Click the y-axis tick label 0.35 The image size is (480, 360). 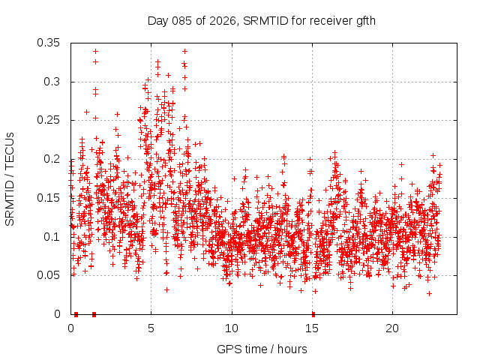[49, 43]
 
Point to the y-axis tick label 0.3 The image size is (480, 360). [52, 82]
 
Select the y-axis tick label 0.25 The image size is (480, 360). [49, 121]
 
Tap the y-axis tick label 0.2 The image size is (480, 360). [52, 159]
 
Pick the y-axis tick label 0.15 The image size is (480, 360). [49, 198]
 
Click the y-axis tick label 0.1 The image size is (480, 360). [52, 237]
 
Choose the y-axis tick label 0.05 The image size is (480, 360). [49, 275]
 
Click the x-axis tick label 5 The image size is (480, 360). [151, 328]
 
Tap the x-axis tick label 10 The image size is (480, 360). [232, 328]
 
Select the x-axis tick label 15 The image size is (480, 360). [312, 328]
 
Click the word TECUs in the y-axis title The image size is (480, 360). [10, 148]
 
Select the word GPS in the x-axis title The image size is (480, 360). [228, 349]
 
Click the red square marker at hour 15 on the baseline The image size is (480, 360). [313, 314]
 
